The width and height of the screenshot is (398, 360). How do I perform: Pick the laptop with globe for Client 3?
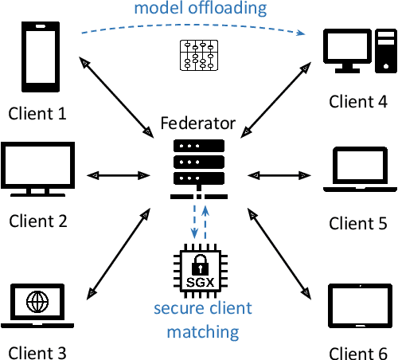[36, 307]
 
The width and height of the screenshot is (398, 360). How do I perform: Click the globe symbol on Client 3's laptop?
[36, 303]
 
